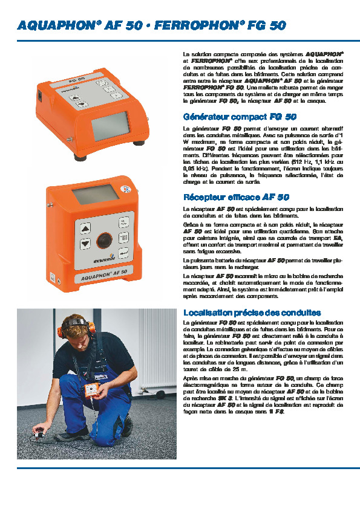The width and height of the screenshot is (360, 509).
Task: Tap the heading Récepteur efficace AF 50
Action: (x=236, y=197)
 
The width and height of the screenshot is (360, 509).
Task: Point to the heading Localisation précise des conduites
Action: (x=252, y=313)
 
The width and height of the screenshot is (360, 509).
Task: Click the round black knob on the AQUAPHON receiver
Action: (x=105, y=240)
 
